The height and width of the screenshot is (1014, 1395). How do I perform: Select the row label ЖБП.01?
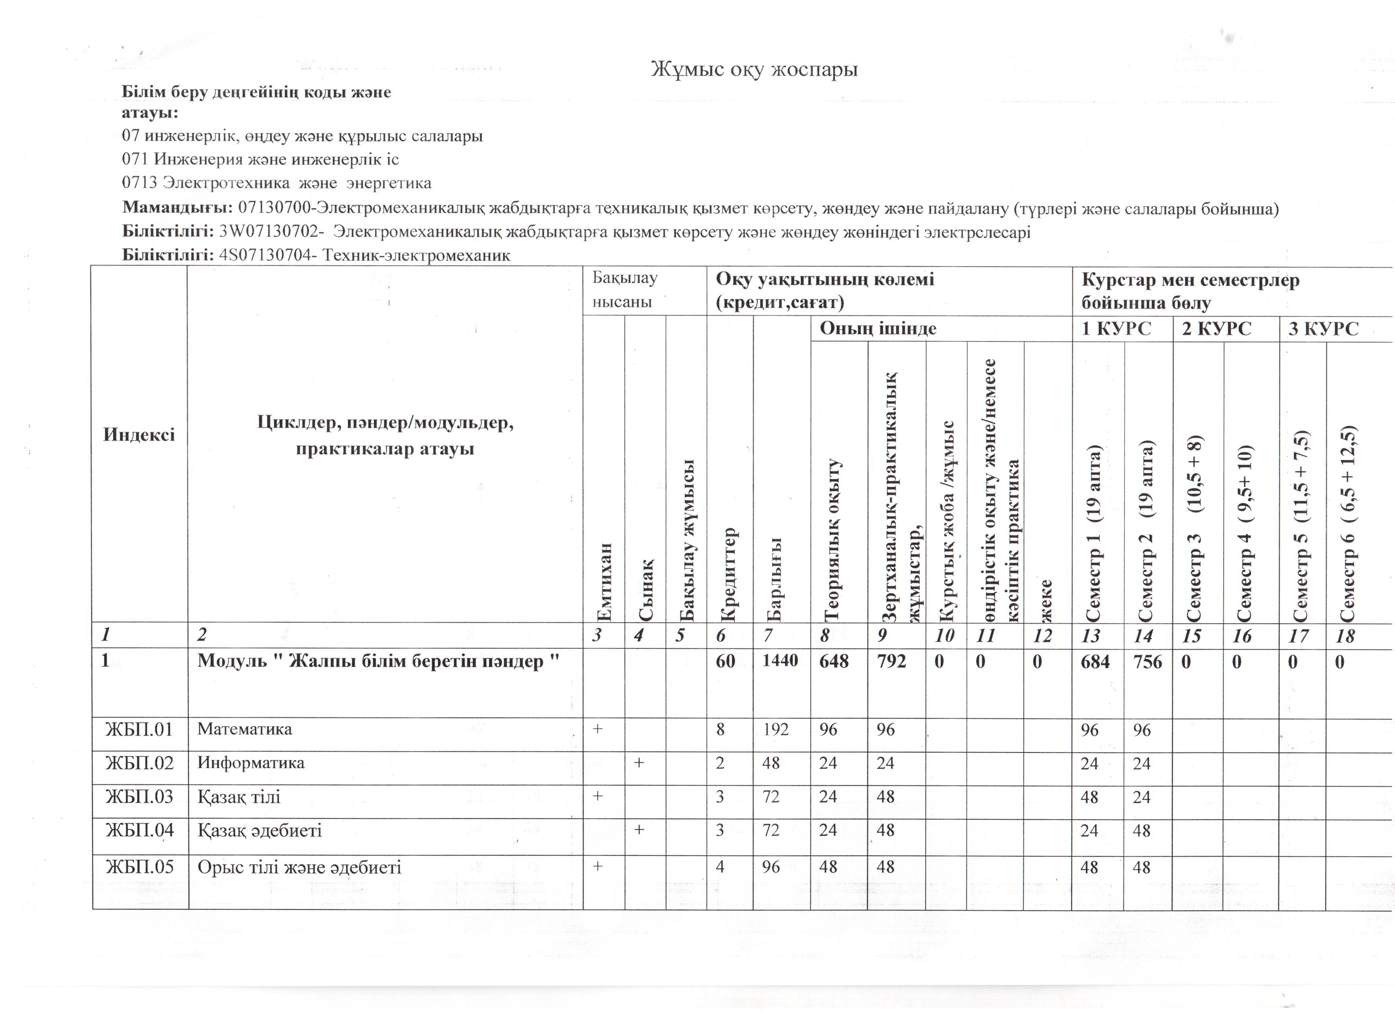click(139, 730)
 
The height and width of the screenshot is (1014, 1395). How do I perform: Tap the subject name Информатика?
click(250, 763)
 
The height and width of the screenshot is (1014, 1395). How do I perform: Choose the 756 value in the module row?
click(1147, 662)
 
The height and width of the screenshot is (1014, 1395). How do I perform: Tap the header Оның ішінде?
click(878, 329)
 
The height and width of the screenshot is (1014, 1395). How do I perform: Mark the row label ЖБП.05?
click(139, 868)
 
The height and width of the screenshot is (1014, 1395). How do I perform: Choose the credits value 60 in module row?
click(726, 661)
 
